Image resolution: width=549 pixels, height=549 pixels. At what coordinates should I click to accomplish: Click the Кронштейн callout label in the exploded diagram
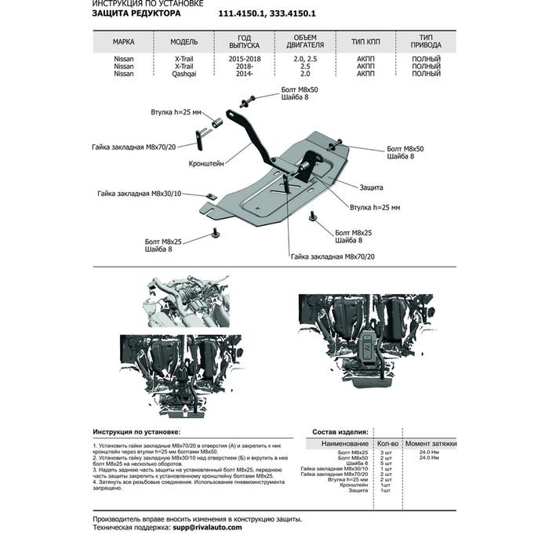[206, 164]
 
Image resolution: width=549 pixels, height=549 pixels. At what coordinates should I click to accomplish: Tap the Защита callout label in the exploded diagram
[371, 188]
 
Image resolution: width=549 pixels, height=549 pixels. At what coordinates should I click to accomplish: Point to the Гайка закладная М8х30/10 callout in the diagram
[140, 193]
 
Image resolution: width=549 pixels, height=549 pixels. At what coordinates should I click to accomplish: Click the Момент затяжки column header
[431, 443]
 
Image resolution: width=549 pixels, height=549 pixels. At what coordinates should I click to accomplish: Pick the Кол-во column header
[386, 443]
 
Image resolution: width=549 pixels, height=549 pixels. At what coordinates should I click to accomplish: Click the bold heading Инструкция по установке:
[136, 432]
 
